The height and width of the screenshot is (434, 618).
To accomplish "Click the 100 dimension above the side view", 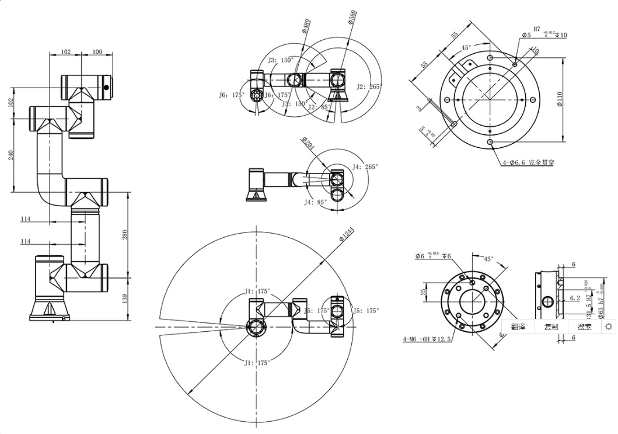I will pos(97,52).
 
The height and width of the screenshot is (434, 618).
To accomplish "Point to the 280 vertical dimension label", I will pos(124,235).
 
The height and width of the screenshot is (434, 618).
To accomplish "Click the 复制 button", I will pos(551,327).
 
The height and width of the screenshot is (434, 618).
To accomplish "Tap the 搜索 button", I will pos(585,327).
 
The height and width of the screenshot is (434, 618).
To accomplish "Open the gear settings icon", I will pos(609,327).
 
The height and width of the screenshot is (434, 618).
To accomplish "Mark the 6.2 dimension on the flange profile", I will pos(574,298).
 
